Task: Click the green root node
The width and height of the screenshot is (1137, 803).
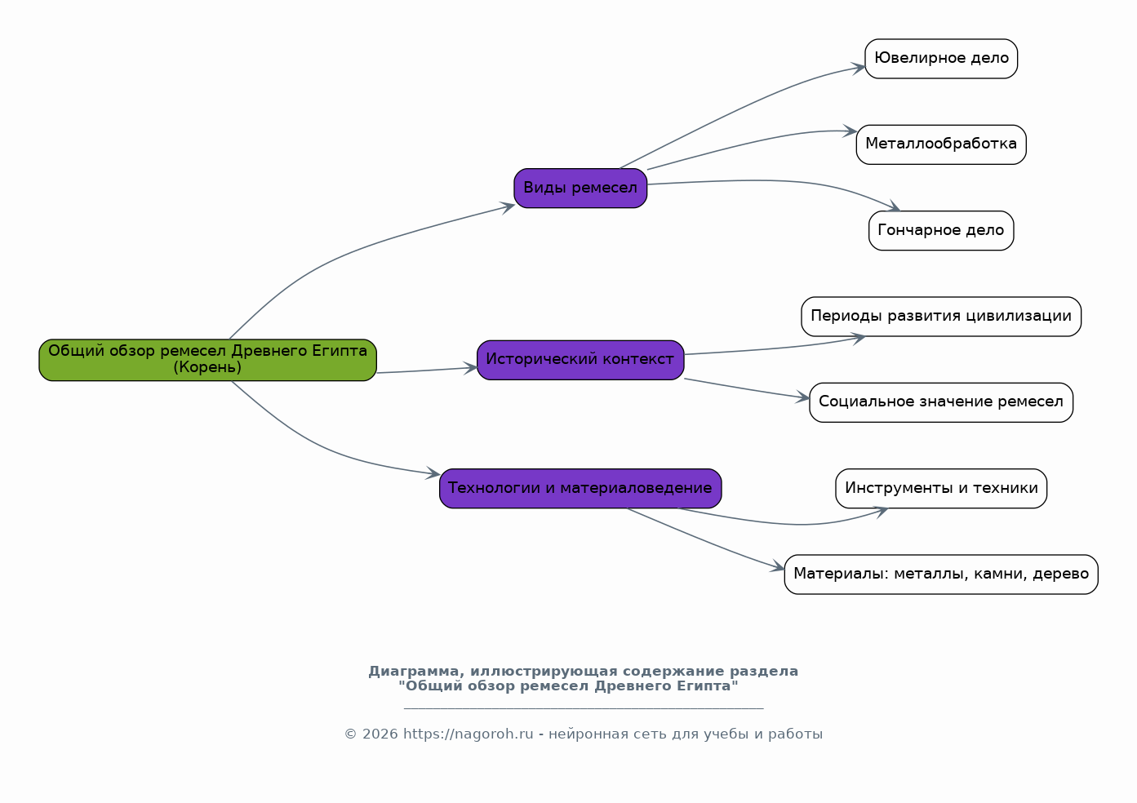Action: click(207, 360)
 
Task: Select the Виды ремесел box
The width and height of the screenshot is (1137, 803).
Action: click(580, 188)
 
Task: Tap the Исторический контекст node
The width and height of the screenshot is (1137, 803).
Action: click(580, 360)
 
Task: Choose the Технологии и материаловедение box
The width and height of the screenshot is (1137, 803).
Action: click(580, 488)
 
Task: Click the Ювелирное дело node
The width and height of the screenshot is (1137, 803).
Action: click(941, 59)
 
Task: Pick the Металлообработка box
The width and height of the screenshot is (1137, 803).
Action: click(941, 144)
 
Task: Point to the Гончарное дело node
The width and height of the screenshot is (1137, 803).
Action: click(941, 230)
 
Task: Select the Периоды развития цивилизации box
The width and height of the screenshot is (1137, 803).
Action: click(941, 317)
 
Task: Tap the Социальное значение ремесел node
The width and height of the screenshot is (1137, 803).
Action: click(941, 402)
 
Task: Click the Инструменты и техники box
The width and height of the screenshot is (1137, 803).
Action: click(941, 488)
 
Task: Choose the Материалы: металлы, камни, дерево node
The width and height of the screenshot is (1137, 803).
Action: click(941, 574)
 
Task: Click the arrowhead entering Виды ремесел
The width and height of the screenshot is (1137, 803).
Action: click(508, 207)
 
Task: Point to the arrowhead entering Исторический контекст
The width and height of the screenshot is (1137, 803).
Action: click(470, 368)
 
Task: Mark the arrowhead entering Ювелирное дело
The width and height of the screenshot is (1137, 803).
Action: click(859, 68)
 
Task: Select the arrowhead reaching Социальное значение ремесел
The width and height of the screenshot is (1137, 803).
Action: click(802, 397)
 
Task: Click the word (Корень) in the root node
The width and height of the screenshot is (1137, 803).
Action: click(207, 367)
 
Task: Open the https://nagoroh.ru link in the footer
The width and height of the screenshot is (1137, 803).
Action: click(468, 734)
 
